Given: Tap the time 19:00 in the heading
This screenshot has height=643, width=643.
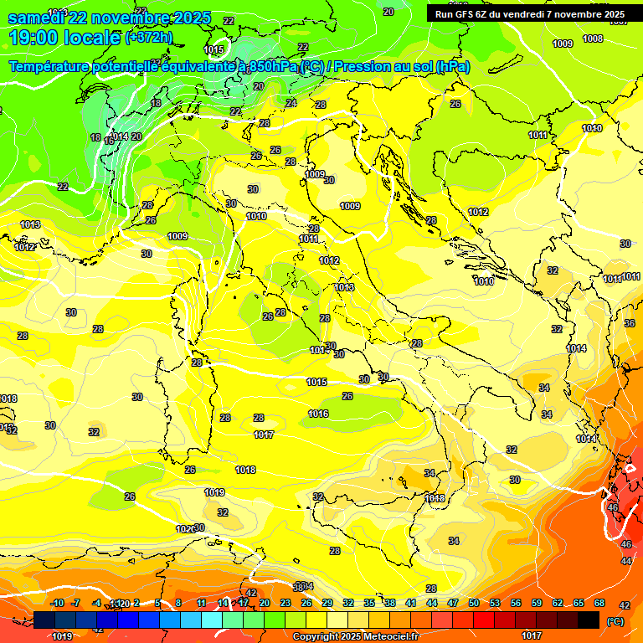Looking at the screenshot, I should click(x=34, y=38).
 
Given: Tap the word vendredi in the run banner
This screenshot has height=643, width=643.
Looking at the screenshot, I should click(x=526, y=14).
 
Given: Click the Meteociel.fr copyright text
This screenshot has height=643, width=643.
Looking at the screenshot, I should click(x=355, y=636).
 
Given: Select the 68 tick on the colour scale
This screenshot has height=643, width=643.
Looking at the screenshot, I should click(x=599, y=603).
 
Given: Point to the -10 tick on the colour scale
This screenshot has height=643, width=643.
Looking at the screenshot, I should click(x=58, y=603).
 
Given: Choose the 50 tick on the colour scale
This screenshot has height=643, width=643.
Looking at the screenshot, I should click(x=474, y=603).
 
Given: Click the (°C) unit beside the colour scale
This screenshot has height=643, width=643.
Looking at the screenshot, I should click(x=615, y=621).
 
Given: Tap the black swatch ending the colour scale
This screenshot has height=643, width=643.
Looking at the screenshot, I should click(x=589, y=620).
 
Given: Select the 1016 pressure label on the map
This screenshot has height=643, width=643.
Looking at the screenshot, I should click(x=318, y=414).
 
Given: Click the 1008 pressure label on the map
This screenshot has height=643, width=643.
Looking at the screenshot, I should click(x=593, y=39).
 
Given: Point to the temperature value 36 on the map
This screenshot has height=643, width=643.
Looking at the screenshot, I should click(x=630, y=323).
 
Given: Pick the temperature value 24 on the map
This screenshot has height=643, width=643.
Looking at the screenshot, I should click(x=291, y=103).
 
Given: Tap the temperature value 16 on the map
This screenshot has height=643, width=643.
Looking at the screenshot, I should click(x=109, y=141).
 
